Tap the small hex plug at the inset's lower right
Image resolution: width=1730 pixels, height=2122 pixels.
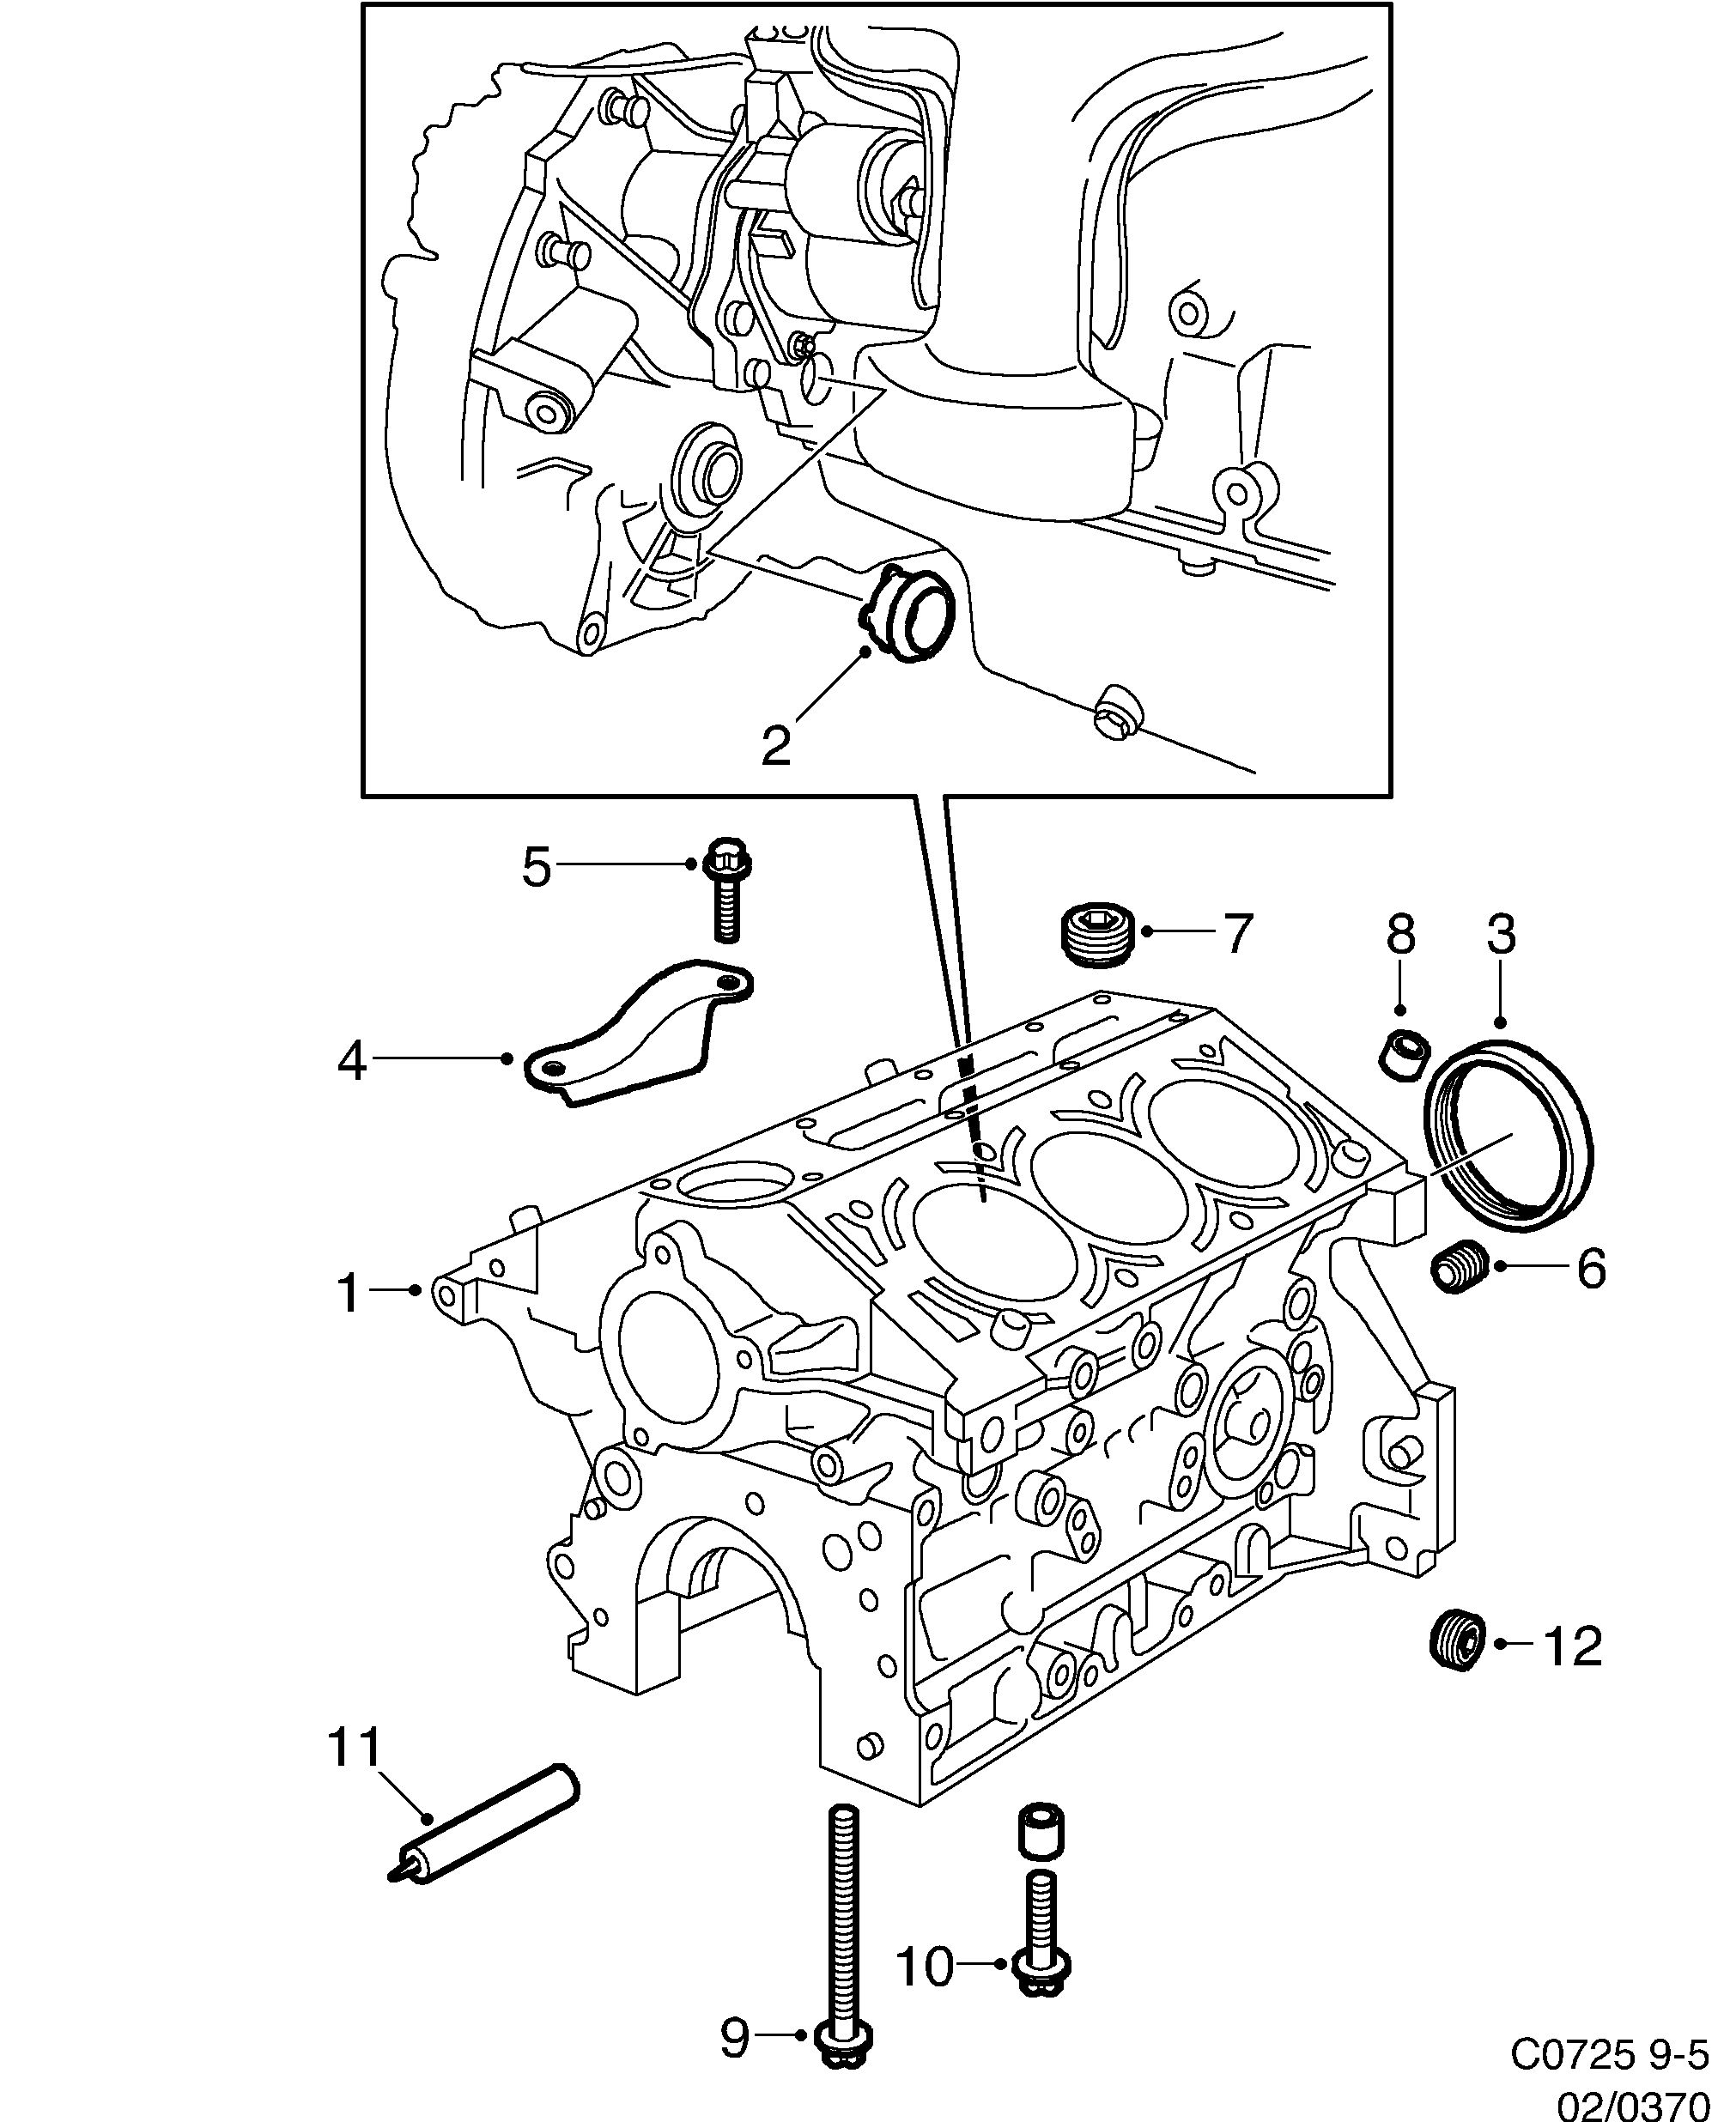[1118, 712]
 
